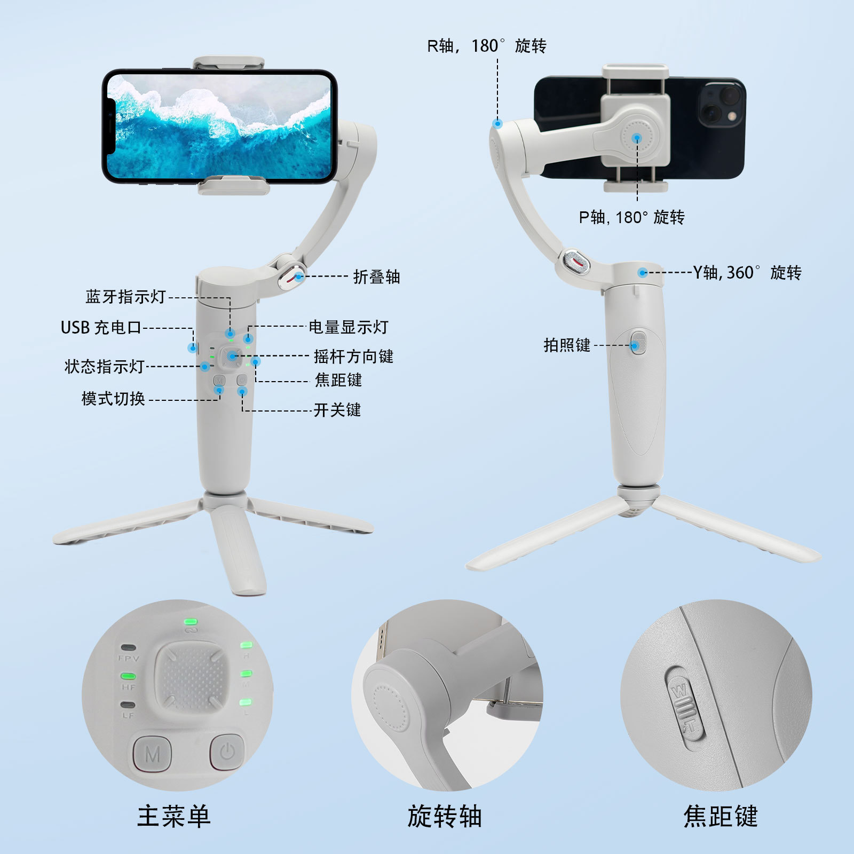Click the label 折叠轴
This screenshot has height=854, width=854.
[376, 277]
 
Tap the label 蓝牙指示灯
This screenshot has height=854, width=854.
[126, 297]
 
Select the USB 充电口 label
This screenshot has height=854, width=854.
[101, 327]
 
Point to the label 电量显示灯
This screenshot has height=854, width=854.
[348, 327]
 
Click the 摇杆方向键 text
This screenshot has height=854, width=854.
[353, 356]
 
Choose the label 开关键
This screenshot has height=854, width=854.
[337, 410]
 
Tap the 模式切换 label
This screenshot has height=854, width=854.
[113, 399]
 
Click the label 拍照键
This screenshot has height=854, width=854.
[567, 345]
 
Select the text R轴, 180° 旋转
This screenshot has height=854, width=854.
[486, 46]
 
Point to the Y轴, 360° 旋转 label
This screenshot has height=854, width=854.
[747, 273]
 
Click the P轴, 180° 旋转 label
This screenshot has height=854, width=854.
[631, 217]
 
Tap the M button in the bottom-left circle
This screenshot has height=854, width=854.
[152, 754]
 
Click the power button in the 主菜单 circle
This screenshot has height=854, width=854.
[227, 753]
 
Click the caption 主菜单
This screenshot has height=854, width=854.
[174, 816]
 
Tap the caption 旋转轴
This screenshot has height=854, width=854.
[445, 816]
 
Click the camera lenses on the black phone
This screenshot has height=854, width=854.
[721, 104]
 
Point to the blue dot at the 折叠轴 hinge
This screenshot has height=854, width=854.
[299, 276]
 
